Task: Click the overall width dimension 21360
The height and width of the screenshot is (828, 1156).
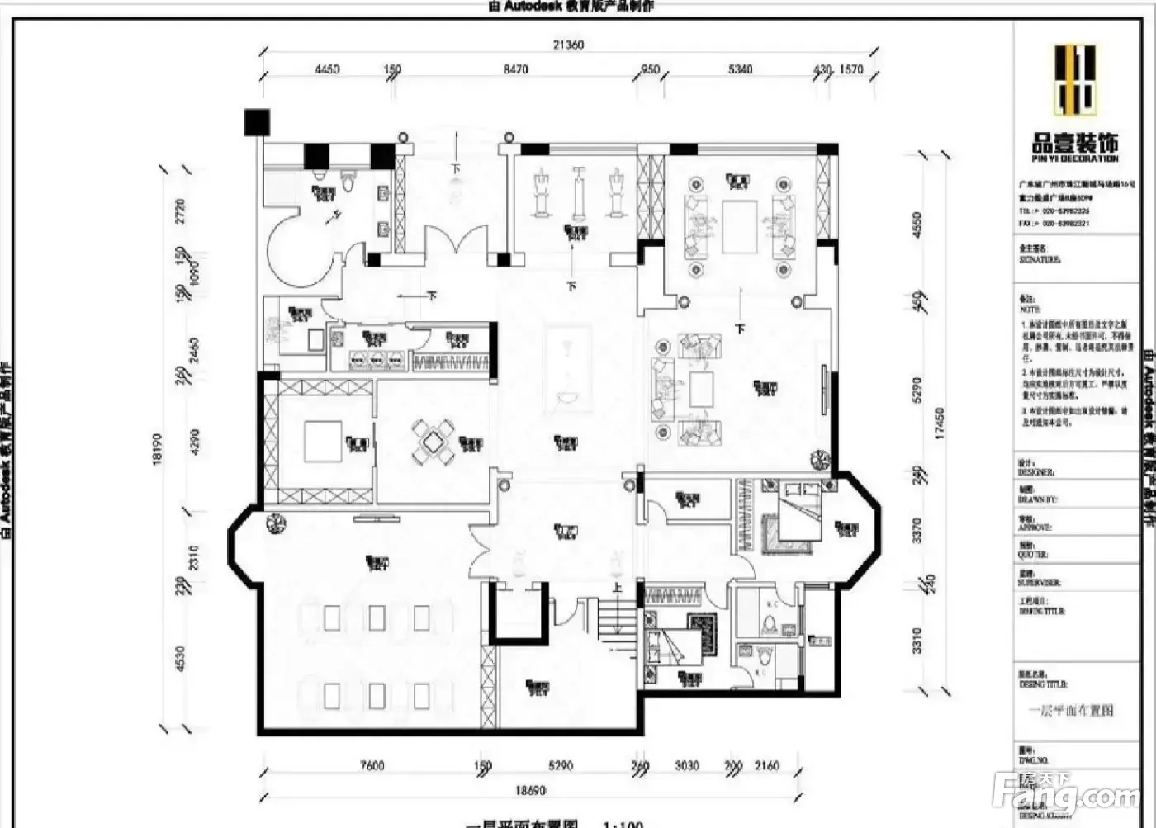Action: (x=569, y=45)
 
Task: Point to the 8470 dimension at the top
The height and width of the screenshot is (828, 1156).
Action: (x=515, y=69)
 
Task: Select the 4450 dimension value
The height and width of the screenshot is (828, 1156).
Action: (x=327, y=69)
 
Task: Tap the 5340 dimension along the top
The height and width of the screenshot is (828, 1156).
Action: (x=740, y=69)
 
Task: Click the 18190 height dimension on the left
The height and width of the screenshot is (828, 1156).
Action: (x=158, y=450)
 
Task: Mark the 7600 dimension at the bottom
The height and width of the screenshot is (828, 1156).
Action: (x=372, y=766)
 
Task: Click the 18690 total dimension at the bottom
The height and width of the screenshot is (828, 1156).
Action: (x=530, y=790)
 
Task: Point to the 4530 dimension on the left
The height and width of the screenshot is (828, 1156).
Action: (x=181, y=659)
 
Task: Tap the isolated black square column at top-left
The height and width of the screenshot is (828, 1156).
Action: (x=257, y=122)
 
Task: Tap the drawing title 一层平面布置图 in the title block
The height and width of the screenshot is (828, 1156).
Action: (x=1071, y=710)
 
